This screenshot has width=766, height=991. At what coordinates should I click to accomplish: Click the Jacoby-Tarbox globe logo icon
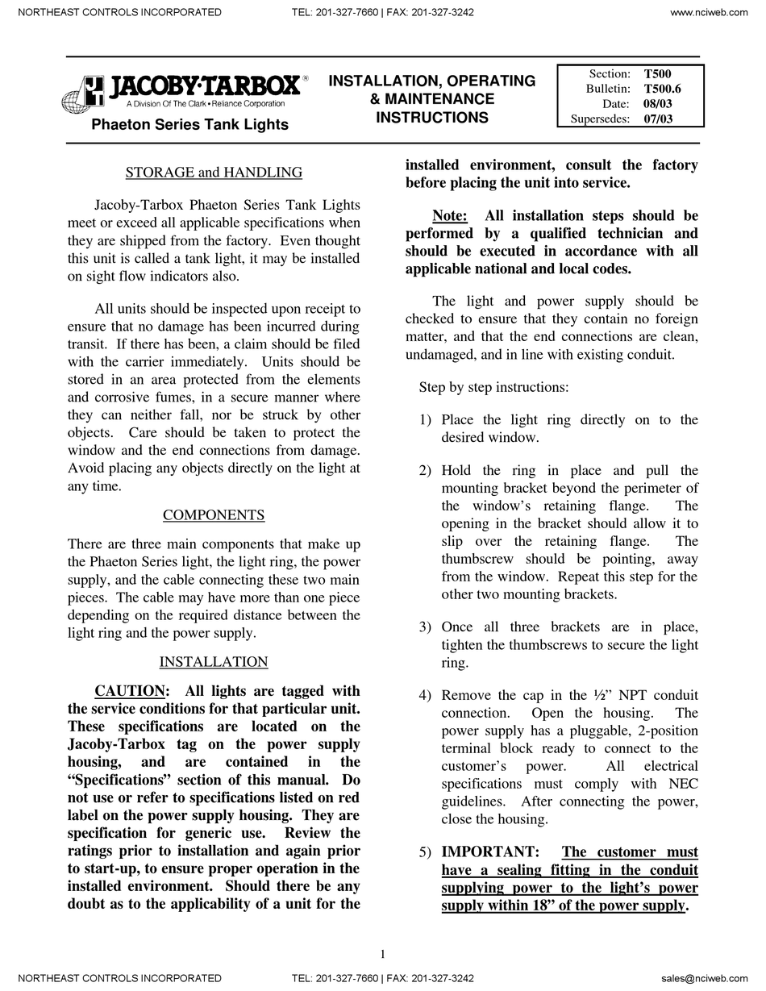[x=82, y=94]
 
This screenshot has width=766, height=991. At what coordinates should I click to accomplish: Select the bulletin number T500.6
[x=662, y=89]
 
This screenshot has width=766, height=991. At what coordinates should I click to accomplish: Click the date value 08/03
[x=658, y=104]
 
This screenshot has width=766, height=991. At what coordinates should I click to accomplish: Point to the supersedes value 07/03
[x=658, y=119]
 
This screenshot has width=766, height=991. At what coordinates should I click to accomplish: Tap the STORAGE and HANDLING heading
[x=214, y=172]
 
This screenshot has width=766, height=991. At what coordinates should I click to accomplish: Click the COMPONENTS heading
[x=214, y=514]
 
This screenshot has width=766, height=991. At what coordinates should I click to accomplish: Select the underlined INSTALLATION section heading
[x=214, y=661]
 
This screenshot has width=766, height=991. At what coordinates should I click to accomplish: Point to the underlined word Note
[x=449, y=215]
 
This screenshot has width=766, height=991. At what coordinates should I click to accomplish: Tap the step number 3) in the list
[x=425, y=627]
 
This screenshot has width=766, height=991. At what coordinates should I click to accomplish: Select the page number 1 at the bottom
[x=383, y=954]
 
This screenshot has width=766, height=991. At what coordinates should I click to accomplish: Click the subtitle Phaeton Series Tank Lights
[x=189, y=124]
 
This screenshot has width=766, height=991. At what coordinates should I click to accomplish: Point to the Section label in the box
[x=610, y=73]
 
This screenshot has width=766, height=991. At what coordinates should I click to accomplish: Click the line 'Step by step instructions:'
[x=493, y=387]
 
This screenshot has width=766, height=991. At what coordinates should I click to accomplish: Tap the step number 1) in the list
[x=425, y=419]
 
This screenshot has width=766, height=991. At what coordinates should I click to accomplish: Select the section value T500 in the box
[x=657, y=73]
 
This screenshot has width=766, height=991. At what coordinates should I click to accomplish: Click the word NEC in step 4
[x=683, y=783]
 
